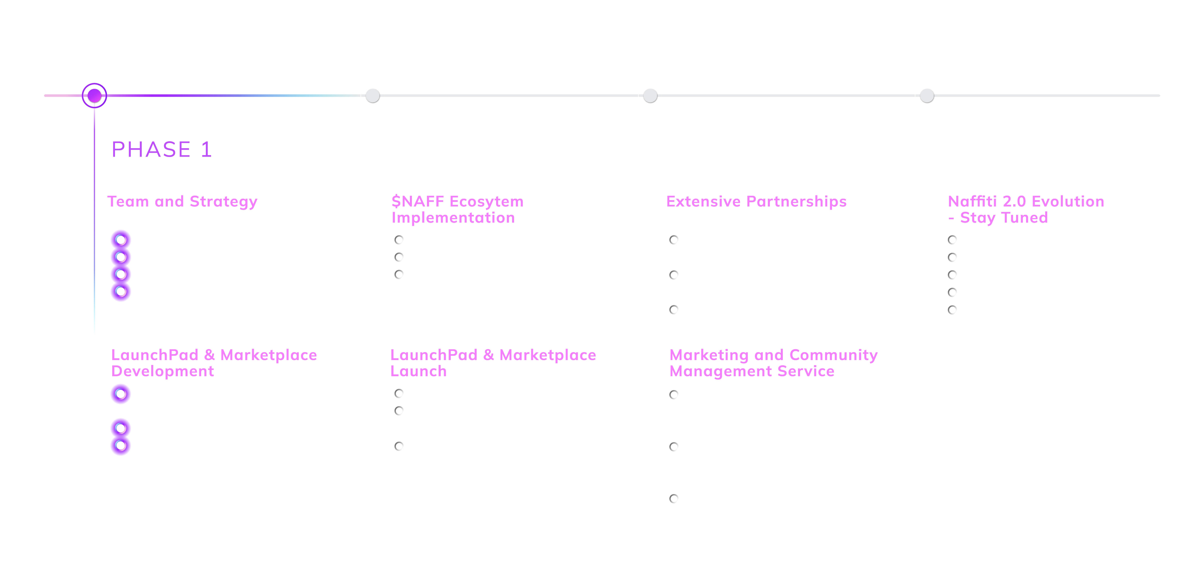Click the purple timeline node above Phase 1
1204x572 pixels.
[x=94, y=96]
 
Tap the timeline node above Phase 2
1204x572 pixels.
[x=373, y=96]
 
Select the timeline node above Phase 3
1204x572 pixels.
[x=650, y=96]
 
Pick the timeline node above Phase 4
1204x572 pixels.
[x=927, y=96]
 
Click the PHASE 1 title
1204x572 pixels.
[x=162, y=150]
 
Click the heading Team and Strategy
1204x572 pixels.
[x=182, y=201]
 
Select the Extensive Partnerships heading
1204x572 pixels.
[x=756, y=201]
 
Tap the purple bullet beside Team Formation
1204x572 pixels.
[x=121, y=240]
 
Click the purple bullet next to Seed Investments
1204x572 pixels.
[x=121, y=292]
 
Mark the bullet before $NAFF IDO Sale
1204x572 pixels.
[x=399, y=240]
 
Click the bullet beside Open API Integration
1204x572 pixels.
[x=674, y=310]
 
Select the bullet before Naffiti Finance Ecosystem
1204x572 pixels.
[x=953, y=310]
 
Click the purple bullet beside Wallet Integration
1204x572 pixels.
[x=121, y=429]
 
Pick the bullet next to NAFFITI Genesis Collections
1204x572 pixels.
[x=399, y=446]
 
